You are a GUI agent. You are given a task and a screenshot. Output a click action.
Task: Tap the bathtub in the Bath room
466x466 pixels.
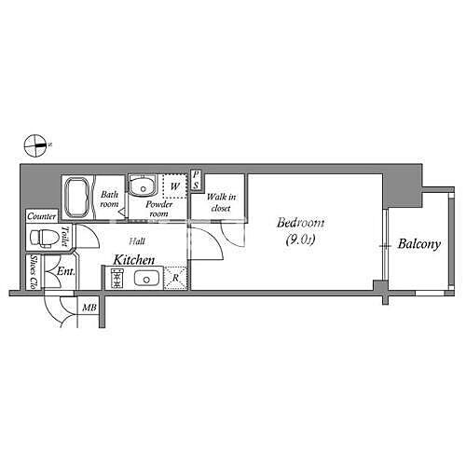[x=76, y=198]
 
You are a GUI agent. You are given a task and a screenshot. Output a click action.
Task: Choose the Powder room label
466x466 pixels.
[x=158, y=207]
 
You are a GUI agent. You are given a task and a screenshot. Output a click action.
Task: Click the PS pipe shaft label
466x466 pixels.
[x=197, y=181]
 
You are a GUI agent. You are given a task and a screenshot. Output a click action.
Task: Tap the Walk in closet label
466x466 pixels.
[x=220, y=202]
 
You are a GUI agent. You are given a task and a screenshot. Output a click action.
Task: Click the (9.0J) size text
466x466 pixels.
[x=301, y=241]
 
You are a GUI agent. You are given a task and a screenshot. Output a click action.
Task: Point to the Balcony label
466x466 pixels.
[x=419, y=245]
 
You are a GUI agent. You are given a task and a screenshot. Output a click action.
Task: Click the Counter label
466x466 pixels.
[x=42, y=216]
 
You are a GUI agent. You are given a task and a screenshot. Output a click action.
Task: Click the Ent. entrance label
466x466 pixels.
[x=65, y=272]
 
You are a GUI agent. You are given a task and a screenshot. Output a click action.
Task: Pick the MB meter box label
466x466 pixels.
[x=89, y=308]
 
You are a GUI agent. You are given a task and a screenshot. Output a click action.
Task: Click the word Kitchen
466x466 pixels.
[x=134, y=260]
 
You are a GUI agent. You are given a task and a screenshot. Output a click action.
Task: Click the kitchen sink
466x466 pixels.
[x=146, y=279]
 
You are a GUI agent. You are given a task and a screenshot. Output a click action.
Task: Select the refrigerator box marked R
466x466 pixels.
[x=176, y=278]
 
